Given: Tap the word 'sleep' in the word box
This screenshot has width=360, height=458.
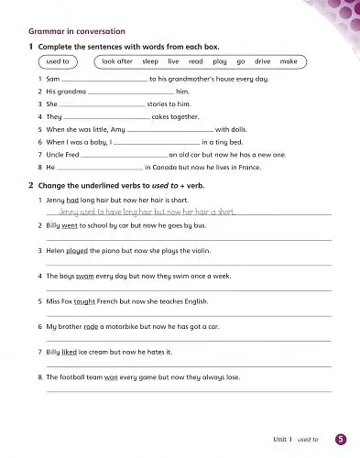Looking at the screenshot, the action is pyautogui.click(x=150, y=62).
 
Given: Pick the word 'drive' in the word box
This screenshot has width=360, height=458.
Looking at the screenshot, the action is pyautogui.click(x=262, y=62).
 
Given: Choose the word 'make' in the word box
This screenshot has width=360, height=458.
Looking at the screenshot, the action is pyautogui.click(x=289, y=62).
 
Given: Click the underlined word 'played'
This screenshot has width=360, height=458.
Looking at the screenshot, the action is pyautogui.click(x=80, y=249).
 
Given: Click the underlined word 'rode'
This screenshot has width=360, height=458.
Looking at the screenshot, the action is pyautogui.click(x=92, y=326).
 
